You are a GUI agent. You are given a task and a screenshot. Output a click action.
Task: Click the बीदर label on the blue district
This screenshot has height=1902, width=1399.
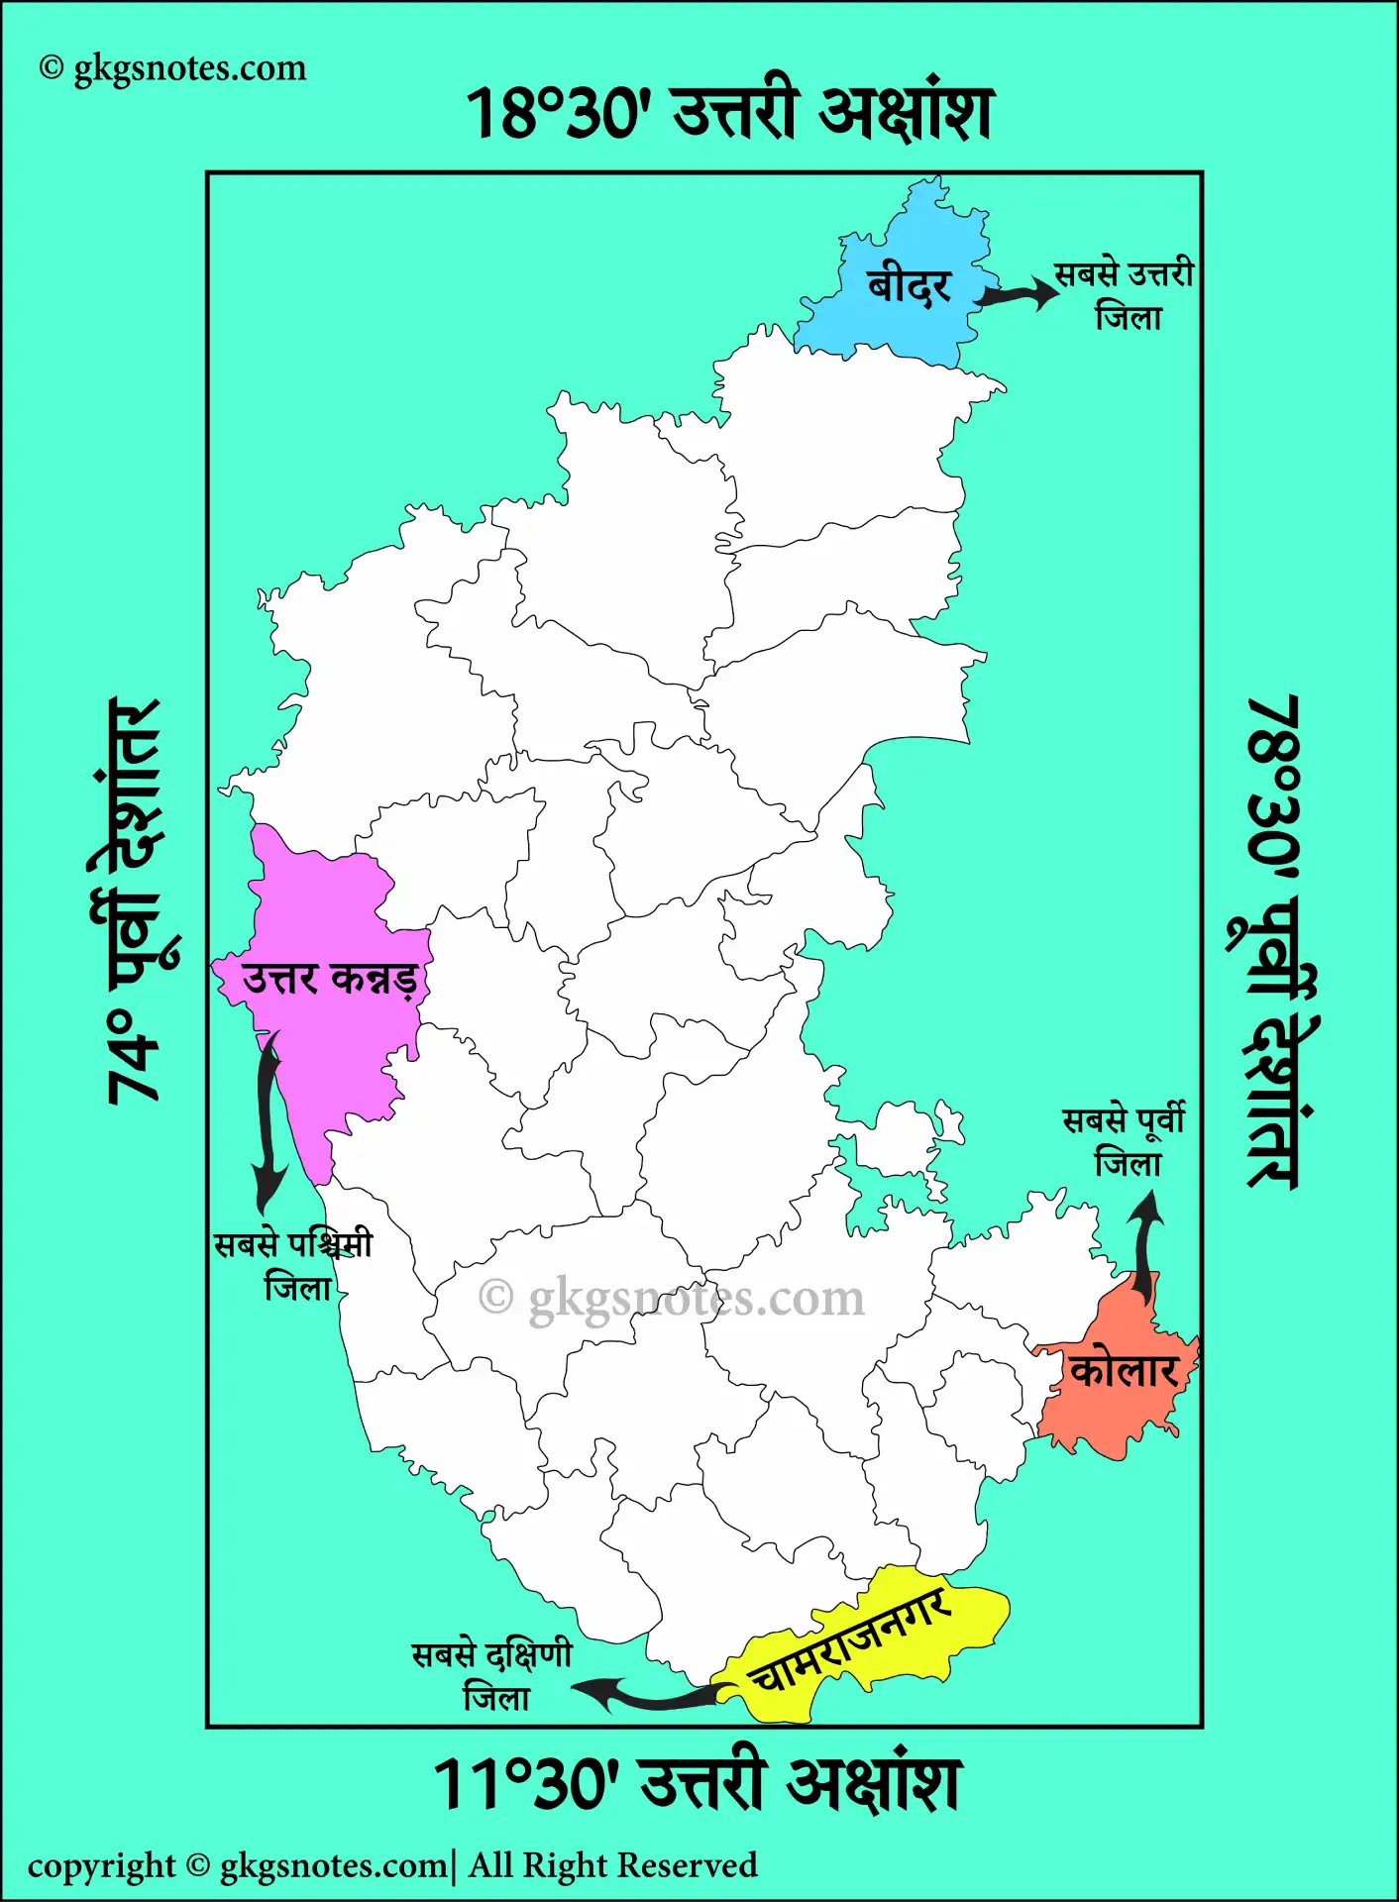[x=909, y=287]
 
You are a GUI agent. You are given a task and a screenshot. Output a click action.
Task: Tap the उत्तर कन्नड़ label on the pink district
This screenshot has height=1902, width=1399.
[x=328, y=980]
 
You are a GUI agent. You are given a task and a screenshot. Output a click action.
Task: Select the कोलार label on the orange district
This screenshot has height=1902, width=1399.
[x=1123, y=1372]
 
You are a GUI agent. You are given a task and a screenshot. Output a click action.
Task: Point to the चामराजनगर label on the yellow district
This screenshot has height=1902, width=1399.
[x=850, y=1644]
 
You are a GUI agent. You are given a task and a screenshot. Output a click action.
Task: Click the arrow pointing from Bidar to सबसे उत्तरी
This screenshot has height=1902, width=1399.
[x=1019, y=294]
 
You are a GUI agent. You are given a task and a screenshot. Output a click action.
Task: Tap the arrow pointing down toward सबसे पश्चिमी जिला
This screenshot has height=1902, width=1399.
[x=267, y=1119]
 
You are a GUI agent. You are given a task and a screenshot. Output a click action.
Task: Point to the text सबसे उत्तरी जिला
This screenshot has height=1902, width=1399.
[x=1126, y=295]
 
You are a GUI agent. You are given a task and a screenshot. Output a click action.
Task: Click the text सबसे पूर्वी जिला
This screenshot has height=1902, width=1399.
[x=1125, y=1141]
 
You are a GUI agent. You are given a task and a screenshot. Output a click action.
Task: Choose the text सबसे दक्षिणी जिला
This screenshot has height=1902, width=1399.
[x=492, y=1676]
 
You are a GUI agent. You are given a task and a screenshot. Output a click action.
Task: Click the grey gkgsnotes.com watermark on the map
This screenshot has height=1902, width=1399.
[x=672, y=1298]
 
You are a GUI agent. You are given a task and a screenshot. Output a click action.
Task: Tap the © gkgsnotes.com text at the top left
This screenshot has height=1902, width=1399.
[x=173, y=68]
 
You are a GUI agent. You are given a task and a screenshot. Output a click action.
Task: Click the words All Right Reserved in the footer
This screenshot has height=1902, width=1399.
[x=612, y=1865]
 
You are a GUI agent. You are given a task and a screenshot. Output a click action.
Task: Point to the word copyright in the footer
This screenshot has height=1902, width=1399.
[x=101, y=1866]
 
